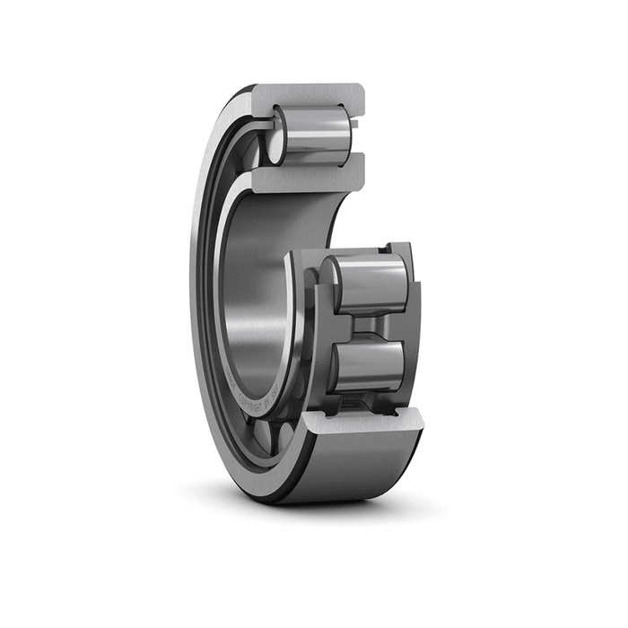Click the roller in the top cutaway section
point(314,135)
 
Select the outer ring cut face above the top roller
point(310,93)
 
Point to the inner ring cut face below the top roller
point(310,176)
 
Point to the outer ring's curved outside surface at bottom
point(359,471)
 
